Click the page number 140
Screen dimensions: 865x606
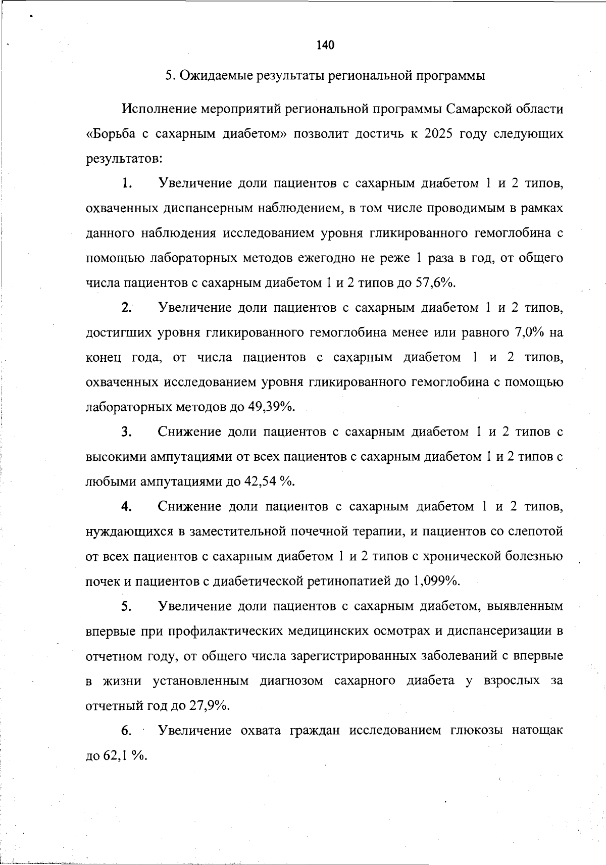[325, 45]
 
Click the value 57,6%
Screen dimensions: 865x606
[435, 282]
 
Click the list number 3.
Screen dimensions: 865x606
[126, 433]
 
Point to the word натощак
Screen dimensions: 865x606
[537, 731]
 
